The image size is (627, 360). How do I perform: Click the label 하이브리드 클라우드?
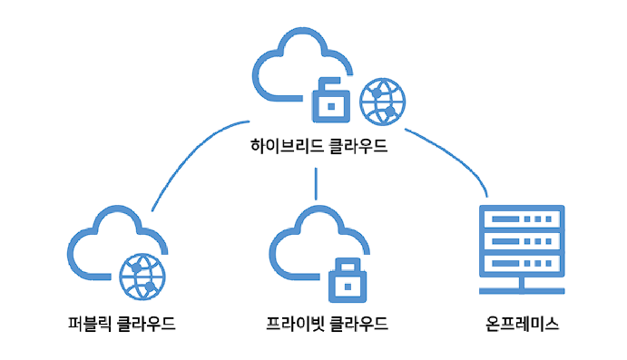coord(318,146)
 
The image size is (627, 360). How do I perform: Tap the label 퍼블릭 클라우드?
coord(122,323)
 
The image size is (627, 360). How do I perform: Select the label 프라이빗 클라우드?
coord(327,323)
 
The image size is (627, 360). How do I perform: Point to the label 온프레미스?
coord(522,323)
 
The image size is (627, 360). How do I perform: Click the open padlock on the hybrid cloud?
coord(331,100)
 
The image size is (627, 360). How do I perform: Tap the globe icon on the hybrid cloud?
coord(383,102)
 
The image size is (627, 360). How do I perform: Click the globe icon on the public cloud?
coord(142,277)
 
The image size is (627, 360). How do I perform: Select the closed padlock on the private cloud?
coord(348,280)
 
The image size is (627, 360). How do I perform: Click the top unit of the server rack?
coord(522,218)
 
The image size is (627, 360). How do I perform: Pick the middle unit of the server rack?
coord(522,241)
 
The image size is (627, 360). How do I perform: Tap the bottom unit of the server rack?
coord(522,264)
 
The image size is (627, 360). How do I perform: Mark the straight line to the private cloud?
coord(316,184)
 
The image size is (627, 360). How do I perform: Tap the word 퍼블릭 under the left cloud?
coord(89,323)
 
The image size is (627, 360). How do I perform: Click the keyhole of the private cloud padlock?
coord(348,287)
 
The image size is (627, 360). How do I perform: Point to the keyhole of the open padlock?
coord(331,107)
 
